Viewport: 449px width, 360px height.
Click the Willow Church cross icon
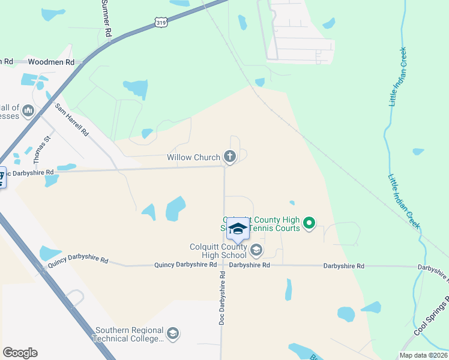[229, 157]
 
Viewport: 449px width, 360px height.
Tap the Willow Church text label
[193, 158]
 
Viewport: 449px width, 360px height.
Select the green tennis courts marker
[309, 224]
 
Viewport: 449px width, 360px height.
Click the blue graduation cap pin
[238, 229]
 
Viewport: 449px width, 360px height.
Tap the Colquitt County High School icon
[256, 250]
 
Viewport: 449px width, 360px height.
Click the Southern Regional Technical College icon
[173, 334]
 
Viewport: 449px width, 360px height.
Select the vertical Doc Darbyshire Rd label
[222, 298]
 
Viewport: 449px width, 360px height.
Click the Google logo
[20, 353]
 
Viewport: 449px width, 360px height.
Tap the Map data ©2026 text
[423, 355]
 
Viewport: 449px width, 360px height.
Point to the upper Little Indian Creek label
[398, 77]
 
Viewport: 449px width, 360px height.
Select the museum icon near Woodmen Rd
[28, 110]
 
